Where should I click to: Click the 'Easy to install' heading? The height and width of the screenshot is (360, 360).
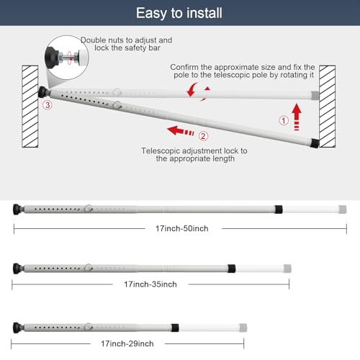[179, 13]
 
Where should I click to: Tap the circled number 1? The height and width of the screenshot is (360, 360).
[284, 120]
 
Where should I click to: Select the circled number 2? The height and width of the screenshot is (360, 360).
[203, 136]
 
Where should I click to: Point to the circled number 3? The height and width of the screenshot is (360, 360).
[48, 105]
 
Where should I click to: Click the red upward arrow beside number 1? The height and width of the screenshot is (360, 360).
[297, 117]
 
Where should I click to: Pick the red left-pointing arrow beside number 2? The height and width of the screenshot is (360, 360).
[181, 131]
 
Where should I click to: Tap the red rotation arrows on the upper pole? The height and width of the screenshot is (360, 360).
[199, 91]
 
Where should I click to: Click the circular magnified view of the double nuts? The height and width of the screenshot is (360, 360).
[67, 58]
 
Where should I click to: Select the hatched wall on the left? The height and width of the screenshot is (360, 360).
[30, 107]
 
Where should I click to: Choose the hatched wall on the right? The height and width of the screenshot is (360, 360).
[328, 107]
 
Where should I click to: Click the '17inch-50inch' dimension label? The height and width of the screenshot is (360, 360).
[182, 228]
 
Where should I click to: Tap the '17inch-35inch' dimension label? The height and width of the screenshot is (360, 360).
[150, 284]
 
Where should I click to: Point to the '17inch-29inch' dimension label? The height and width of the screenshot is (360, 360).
[127, 343]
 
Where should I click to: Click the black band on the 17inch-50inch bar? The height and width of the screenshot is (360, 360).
[279, 210]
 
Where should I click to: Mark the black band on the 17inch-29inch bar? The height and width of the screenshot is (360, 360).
[175, 328]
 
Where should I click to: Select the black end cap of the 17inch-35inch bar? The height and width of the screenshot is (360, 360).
[17, 268]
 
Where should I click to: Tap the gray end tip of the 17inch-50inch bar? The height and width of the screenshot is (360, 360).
[343, 210]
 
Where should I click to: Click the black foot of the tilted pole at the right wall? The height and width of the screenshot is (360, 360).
[315, 143]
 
